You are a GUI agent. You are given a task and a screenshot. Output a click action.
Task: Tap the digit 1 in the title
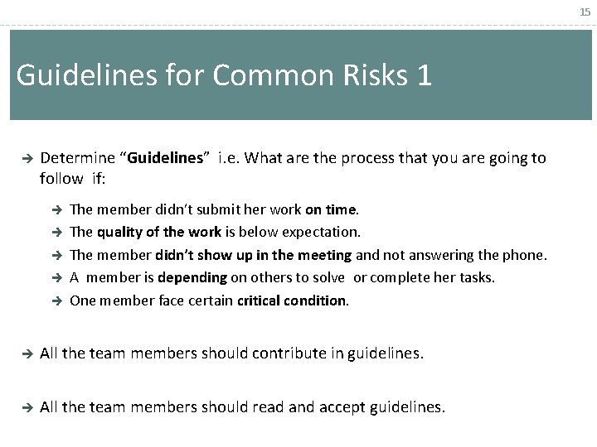tap(424, 75)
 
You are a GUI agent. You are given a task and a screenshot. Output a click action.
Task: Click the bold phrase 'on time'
tap(332, 210)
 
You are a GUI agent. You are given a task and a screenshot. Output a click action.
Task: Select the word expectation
tap(321, 233)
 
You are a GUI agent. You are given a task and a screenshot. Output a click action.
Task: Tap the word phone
tap(527, 255)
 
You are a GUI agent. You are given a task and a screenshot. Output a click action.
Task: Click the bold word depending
tap(192, 277)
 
